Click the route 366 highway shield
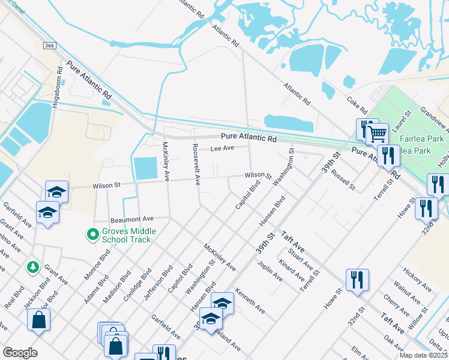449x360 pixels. pos(50,46)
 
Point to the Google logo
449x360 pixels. pos(20,353)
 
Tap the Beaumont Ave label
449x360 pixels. pos(131,218)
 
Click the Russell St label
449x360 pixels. pos(344,178)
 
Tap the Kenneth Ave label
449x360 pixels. pos(250,301)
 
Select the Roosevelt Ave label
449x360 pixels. pos(195,164)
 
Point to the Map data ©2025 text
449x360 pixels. pos(423,355)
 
